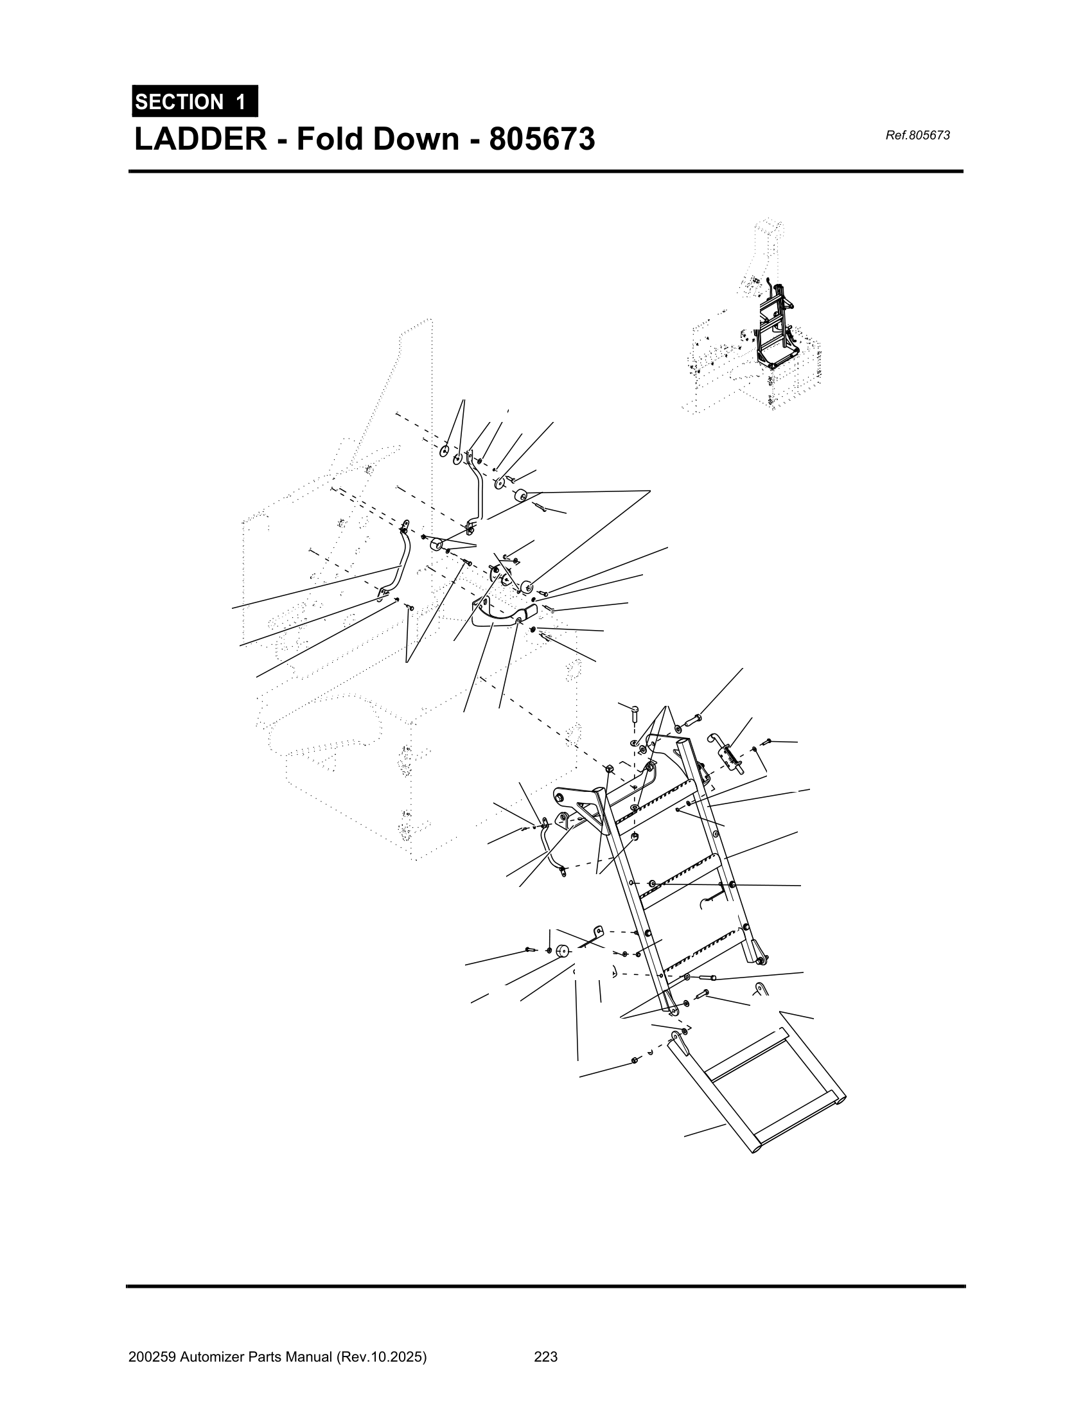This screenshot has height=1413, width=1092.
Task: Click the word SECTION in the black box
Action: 179,102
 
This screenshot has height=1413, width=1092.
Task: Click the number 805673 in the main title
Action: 542,139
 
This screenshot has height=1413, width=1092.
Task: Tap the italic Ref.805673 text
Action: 917,136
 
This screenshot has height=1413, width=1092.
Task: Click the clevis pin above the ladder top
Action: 635,713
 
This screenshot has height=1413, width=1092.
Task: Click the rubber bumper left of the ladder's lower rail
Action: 561,951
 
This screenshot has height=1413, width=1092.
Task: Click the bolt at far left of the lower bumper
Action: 530,949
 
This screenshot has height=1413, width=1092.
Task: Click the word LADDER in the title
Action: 200,139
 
